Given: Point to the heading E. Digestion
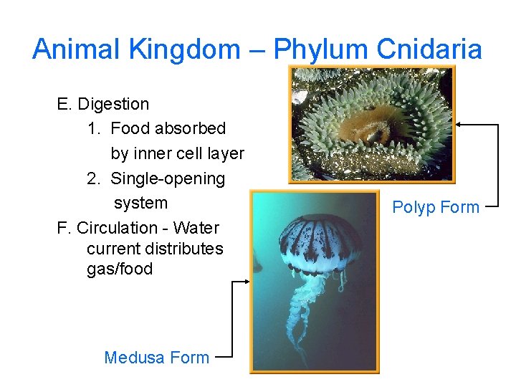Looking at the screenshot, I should [103, 104].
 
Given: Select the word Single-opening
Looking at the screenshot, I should [168, 178].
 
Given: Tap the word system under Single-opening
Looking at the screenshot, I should [140, 203].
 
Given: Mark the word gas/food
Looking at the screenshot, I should [120, 269].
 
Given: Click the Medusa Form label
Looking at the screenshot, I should [157, 358].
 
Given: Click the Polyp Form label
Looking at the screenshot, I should [436, 207].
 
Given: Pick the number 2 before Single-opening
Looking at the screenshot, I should [92, 178].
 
